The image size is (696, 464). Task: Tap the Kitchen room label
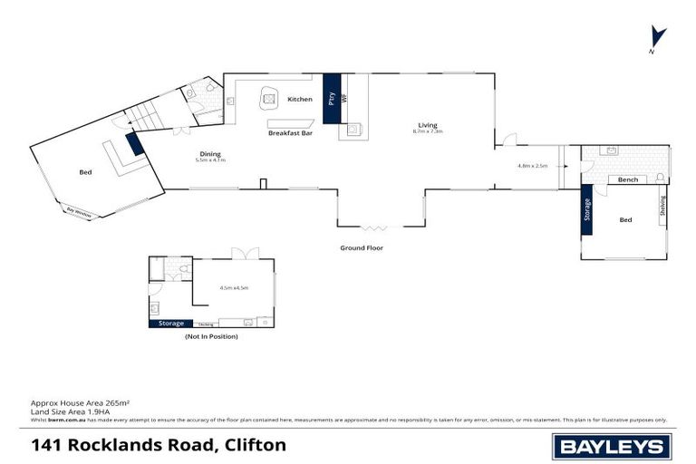300,99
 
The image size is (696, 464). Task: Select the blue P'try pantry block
331,98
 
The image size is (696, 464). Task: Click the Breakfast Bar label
290,133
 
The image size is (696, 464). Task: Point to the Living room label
428,124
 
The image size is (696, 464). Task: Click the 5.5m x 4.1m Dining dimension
210,160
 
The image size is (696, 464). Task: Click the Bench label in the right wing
628,179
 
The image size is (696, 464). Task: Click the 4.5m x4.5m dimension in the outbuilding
234,288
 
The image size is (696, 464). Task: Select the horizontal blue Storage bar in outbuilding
170,323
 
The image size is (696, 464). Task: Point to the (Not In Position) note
210,336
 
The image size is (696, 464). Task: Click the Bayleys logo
611,445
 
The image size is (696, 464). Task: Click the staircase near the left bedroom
144,115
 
